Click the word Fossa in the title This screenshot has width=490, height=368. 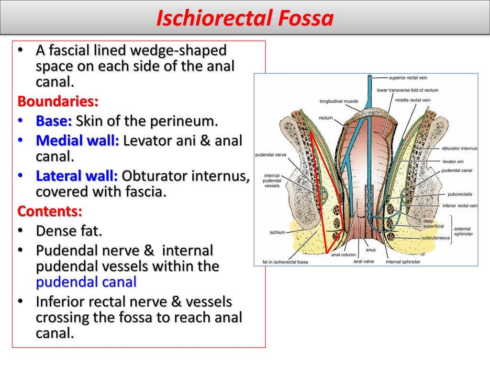point(306,18)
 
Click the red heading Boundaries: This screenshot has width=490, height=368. point(58,101)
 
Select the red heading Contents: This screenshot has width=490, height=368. point(50,211)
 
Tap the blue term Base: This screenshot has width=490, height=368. point(54,121)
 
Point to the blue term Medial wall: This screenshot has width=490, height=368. point(78,140)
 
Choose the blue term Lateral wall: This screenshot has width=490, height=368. point(77,176)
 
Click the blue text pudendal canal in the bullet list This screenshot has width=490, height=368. point(86,282)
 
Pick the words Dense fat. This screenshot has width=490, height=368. point(69,231)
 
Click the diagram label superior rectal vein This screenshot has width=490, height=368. point(408,78)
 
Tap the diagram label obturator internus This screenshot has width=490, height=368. point(459,149)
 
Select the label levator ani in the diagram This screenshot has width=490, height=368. point(453,161)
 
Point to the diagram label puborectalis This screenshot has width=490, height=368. point(460,195)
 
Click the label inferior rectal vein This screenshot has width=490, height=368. point(460,206)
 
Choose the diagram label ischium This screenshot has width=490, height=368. point(278,232)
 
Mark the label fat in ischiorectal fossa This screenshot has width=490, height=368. point(285,262)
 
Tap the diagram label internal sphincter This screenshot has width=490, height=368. point(403,262)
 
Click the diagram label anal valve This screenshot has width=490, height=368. point(364,261)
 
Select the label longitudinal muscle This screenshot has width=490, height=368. point(338,101)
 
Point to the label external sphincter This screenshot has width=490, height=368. point(463,231)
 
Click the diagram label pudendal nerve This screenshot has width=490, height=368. point(271,155)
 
